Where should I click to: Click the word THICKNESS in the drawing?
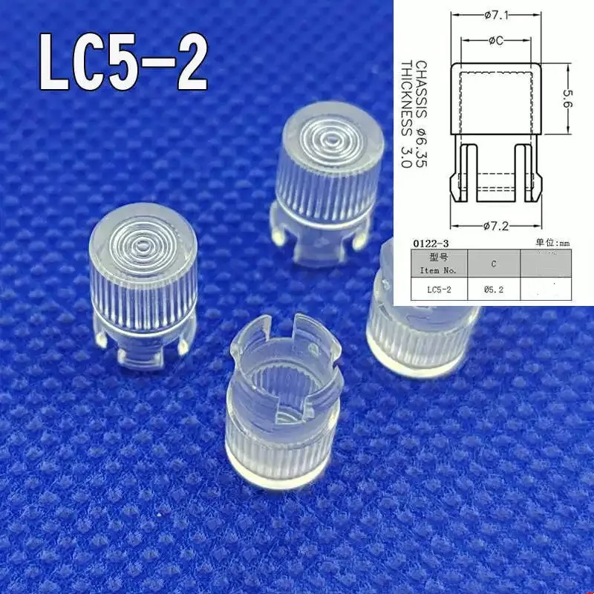pos(406,96)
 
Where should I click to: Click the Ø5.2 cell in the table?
pos(493,290)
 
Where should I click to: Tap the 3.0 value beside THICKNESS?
pos(406,157)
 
